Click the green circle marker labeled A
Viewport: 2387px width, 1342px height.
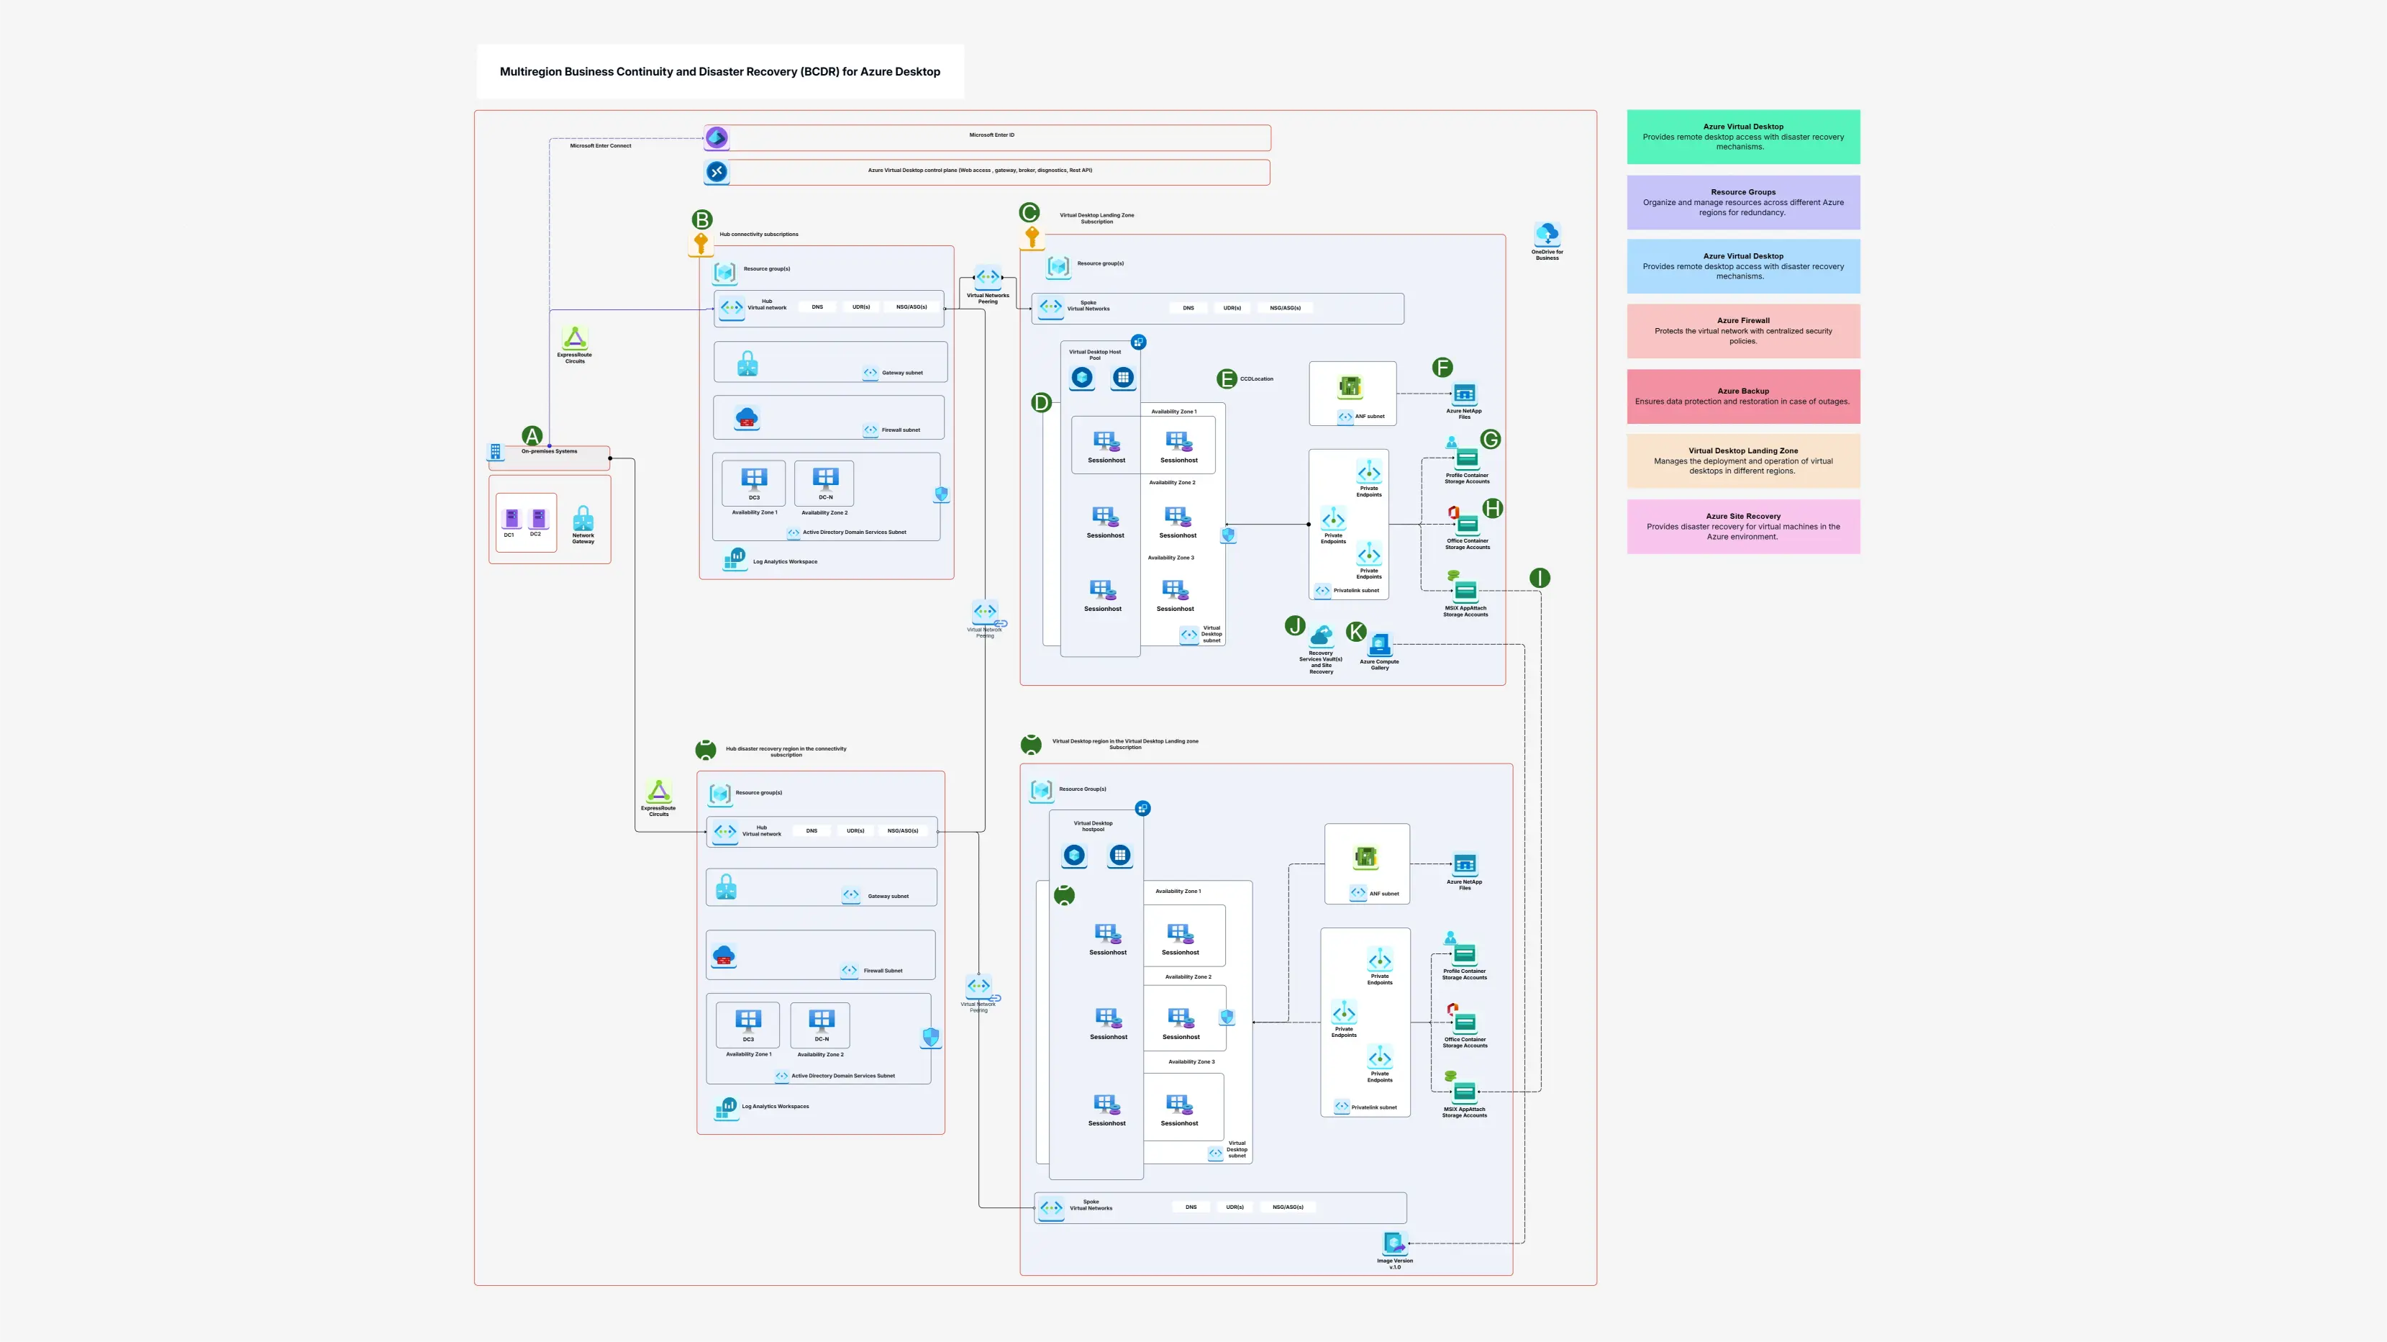click(x=532, y=435)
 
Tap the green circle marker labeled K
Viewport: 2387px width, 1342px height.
click(x=1355, y=631)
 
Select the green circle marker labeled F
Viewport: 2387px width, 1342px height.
click(x=1442, y=367)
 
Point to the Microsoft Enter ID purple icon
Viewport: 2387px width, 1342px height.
click(x=717, y=137)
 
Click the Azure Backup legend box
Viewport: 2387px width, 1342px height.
click(x=1742, y=396)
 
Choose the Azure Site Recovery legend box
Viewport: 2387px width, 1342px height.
click(x=1742, y=527)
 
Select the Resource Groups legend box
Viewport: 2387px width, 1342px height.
click(x=1742, y=202)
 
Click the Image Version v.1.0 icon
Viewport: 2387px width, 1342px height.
click(x=1393, y=1243)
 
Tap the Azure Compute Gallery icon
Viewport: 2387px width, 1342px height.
click(x=1380, y=644)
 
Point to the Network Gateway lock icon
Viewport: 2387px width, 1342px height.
click(x=583, y=518)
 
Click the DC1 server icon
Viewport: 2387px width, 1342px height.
click(x=511, y=519)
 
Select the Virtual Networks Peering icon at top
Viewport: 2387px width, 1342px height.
click(x=988, y=277)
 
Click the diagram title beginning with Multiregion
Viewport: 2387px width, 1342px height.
click(x=720, y=71)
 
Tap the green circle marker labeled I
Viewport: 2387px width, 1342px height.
click(x=1539, y=579)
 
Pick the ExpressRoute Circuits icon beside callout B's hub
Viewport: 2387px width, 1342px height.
click(x=575, y=338)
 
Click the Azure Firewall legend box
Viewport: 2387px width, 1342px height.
click(x=1742, y=331)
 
